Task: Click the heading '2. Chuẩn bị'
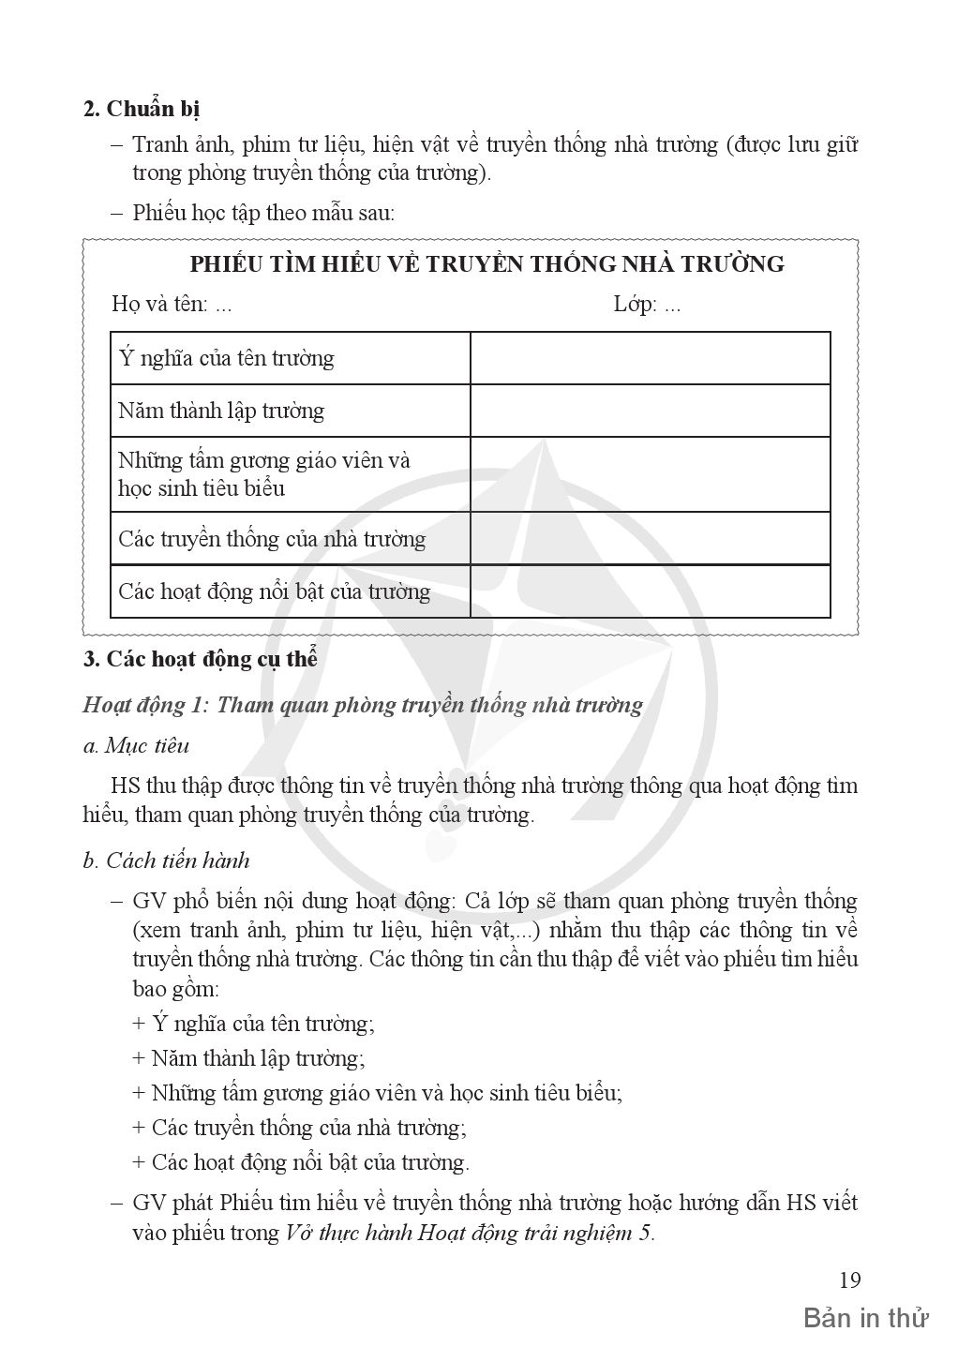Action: (142, 109)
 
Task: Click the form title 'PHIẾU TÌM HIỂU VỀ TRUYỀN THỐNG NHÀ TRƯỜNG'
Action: (486, 263)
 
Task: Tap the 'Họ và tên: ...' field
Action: (172, 305)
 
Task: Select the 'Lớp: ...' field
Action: (647, 305)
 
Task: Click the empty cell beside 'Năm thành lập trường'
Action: (650, 411)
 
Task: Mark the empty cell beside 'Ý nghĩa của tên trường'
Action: (650, 358)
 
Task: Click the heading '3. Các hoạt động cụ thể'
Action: (201, 659)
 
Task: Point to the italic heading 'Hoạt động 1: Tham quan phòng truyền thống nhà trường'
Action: (363, 705)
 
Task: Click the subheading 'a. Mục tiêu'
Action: (136, 746)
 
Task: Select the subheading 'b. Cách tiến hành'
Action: (166, 861)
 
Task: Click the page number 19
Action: (849, 1280)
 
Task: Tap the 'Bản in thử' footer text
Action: (865, 1319)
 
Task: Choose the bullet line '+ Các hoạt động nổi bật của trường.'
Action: (301, 1162)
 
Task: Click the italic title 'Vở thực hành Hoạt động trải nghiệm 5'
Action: (468, 1233)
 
